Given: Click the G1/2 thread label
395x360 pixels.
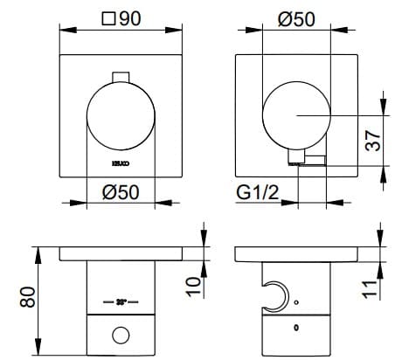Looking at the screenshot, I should pyautogui.click(x=257, y=192).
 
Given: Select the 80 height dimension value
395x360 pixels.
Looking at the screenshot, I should pyautogui.click(x=27, y=297).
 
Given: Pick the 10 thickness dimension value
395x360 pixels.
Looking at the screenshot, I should pyautogui.click(x=194, y=281).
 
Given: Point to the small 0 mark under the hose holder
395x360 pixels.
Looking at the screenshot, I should pyautogui.click(x=296, y=329).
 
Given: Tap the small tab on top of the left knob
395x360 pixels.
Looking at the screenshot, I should pyautogui.click(x=120, y=74).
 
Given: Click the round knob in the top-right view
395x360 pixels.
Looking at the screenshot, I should pyautogui.click(x=297, y=115).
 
